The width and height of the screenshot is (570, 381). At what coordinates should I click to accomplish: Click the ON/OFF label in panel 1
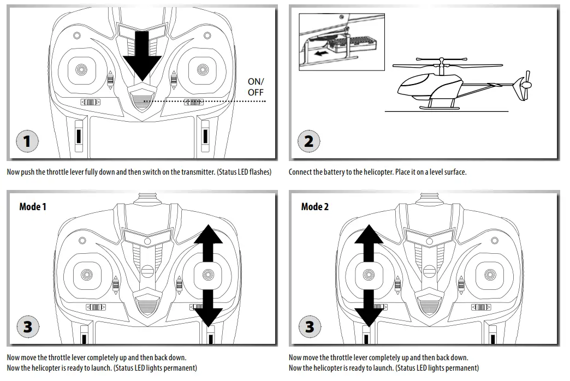(256, 87)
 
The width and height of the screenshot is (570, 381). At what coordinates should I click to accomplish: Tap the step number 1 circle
(27, 141)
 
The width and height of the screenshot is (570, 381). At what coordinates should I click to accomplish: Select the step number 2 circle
(308, 141)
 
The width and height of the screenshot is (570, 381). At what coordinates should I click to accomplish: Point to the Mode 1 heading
(33, 207)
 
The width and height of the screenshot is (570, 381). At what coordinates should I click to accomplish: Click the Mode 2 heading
(315, 207)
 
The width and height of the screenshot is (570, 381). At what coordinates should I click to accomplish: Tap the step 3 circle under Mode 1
(27, 326)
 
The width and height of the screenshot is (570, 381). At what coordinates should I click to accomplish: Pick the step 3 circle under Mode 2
(310, 326)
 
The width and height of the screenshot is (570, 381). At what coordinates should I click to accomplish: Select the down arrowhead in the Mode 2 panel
(369, 315)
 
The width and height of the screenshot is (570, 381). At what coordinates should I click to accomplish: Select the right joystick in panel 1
(203, 70)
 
